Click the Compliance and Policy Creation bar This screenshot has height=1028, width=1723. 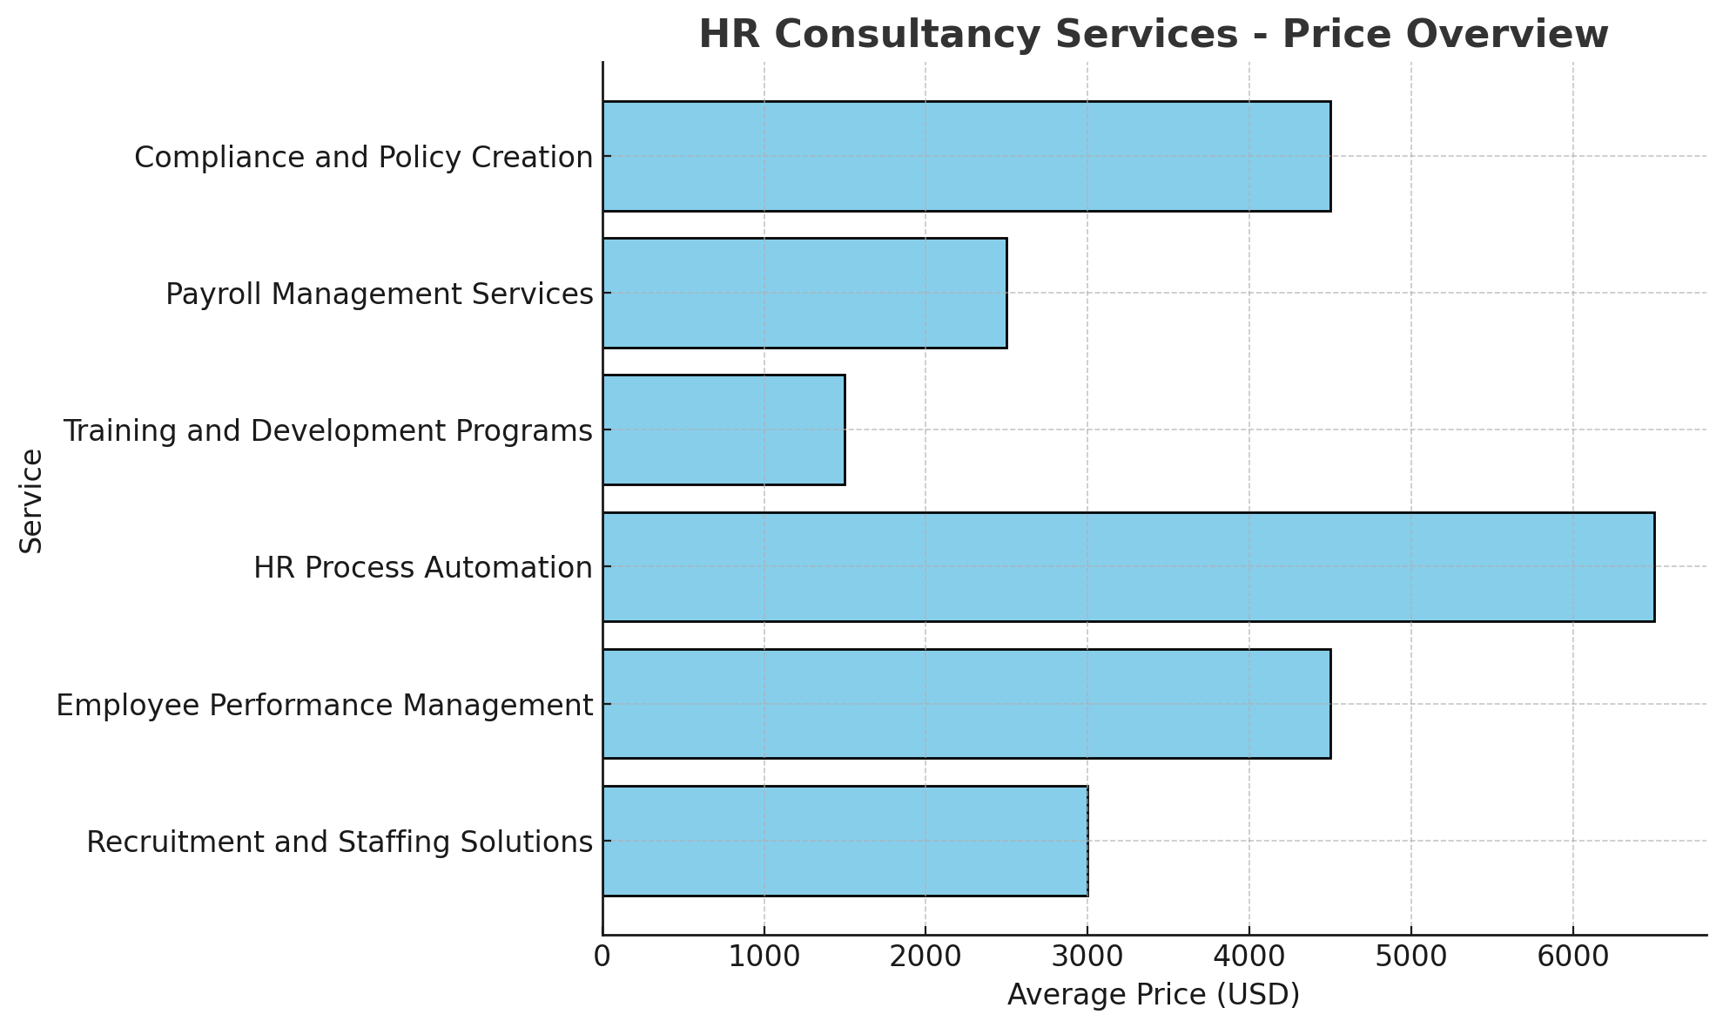[x=966, y=156]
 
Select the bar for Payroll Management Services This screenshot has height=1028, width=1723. [x=804, y=293]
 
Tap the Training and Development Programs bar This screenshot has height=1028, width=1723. [x=724, y=429]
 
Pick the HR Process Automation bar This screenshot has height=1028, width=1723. [x=1128, y=566]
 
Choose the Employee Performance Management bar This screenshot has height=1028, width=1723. [x=966, y=703]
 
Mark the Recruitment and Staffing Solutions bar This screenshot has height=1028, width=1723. [x=845, y=841]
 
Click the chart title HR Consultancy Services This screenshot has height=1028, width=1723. [x=1154, y=35]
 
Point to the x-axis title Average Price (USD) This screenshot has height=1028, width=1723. [x=1154, y=994]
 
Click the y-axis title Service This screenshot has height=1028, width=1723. [x=31, y=500]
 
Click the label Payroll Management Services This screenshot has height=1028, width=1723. [x=380, y=294]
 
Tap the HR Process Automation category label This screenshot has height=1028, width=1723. [x=423, y=568]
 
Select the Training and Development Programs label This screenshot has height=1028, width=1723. [x=327, y=431]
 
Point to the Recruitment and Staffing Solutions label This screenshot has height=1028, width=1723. [x=340, y=842]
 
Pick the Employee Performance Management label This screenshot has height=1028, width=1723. [x=325, y=705]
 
